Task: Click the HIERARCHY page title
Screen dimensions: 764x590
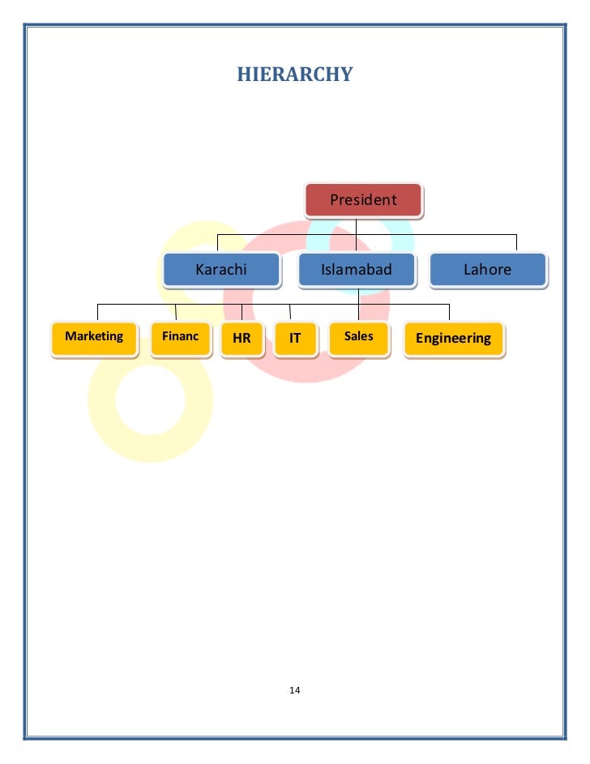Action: [294, 75]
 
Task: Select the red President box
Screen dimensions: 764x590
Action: [363, 200]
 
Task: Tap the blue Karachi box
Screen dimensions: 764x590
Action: [221, 270]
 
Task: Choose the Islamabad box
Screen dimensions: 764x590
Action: [357, 270]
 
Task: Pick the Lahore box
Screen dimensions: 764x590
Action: [487, 270]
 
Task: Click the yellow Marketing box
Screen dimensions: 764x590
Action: [94, 338]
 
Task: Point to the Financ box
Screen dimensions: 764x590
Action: [180, 338]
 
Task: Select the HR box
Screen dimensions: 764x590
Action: [242, 339]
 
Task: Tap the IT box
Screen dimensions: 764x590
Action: [295, 339]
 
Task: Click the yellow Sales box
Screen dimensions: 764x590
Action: [359, 338]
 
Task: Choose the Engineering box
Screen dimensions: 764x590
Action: [453, 339]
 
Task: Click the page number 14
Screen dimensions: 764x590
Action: [294, 690]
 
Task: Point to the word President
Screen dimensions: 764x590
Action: [363, 200]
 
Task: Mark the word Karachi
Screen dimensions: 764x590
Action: [221, 270]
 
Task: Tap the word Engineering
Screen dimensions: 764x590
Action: [453, 339]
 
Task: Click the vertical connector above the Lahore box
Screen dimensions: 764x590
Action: [516, 243]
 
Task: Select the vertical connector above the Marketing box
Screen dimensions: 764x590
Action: [98, 312]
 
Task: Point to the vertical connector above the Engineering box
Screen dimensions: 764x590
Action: [449, 312]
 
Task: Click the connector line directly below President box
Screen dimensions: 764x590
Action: [356, 226]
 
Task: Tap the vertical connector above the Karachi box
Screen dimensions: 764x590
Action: [216, 243]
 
